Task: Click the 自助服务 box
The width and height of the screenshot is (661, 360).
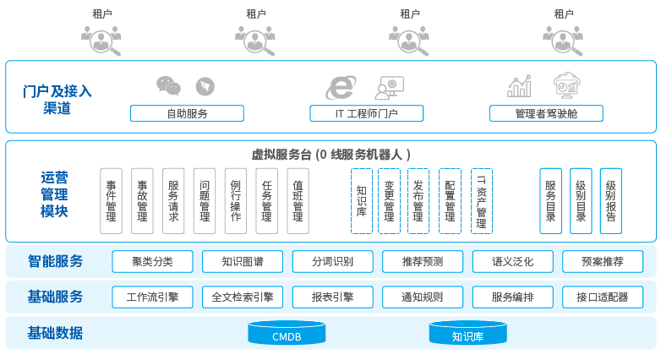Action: click(x=187, y=113)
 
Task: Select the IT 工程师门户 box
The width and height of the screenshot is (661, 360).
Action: click(x=366, y=113)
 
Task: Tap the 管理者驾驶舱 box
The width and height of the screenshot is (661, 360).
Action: click(x=546, y=113)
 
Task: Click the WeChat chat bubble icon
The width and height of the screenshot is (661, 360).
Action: click(x=168, y=85)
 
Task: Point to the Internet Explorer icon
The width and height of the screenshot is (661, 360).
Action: click(x=340, y=86)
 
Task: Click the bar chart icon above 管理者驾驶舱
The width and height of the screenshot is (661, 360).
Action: click(x=519, y=85)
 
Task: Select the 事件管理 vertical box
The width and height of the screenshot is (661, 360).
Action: click(x=111, y=200)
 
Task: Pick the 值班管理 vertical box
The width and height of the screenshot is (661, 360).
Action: click(x=298, y=200)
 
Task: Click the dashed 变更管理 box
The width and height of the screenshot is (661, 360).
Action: click(x=389, y=200)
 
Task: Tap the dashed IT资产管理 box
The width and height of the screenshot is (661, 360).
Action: click(x=482, y=200)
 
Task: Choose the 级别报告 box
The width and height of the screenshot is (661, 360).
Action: click(x=611, y=200)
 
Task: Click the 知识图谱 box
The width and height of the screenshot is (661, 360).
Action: click(x=243, y=262)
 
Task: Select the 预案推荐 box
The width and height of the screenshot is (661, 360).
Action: click(x=602, y=262)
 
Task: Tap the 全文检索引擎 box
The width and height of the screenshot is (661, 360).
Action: click(x=243, y=297)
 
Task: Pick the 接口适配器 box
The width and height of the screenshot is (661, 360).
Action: click(x=602, y=297)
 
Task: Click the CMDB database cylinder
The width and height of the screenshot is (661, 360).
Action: click(x=287, y=334)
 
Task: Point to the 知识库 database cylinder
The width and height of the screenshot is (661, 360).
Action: click(x=467, y=334)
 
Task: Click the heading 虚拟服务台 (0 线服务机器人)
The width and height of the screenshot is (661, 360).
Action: click(x=331, y=155)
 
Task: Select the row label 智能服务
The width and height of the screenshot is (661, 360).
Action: click(x=56, y=262)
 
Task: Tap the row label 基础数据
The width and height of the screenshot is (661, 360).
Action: click(x=56, y=333)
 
